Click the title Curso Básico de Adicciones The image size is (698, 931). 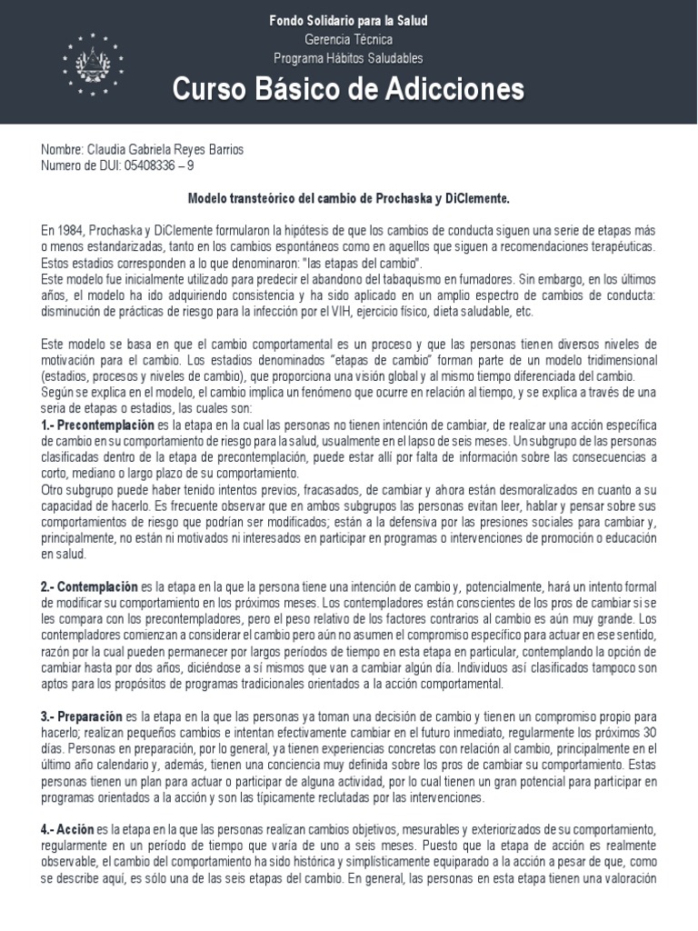click(x=348, y=89)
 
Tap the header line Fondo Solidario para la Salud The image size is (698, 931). click(x=348, y=20)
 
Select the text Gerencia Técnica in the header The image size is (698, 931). click(x=348, y=39)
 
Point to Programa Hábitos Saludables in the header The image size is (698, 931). click(x=348, y=58)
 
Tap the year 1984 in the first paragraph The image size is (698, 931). click(x=69, y=230)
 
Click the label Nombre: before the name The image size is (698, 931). click(x=61, y=150)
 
